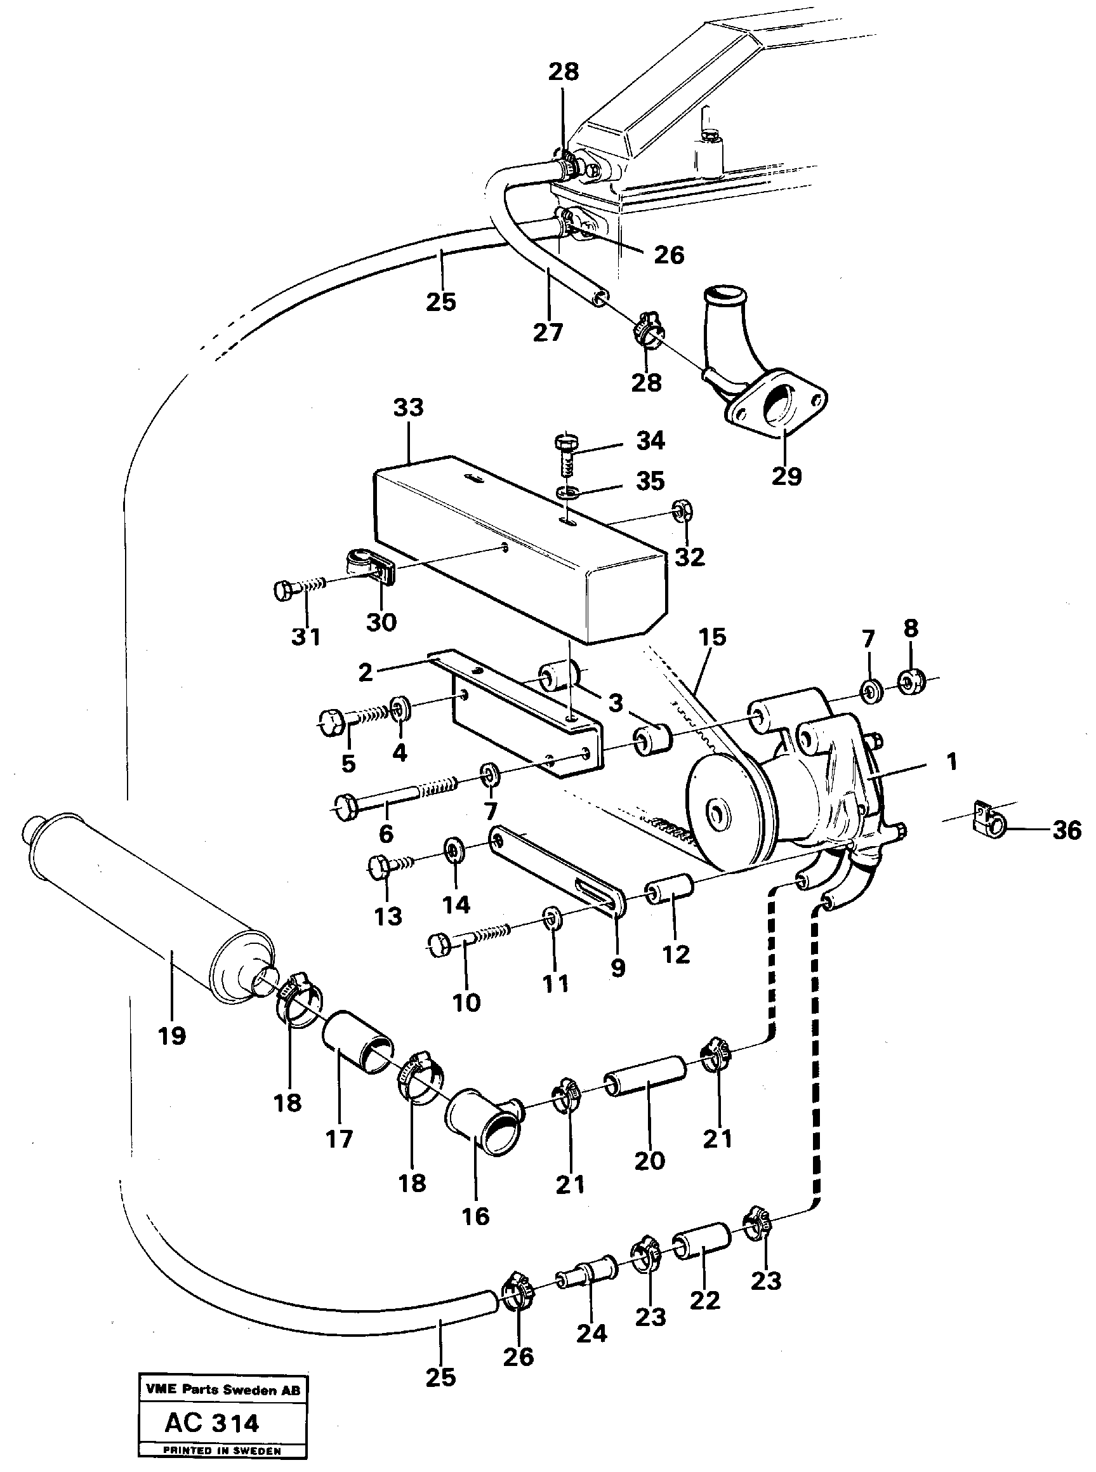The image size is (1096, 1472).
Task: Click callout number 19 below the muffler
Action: (x=172, y=1035)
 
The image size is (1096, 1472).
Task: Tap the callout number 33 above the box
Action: (x=408, y=408)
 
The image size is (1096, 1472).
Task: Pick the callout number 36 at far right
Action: (x=1067, y=830)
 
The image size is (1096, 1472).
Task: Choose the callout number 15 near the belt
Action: (x=712, y=637)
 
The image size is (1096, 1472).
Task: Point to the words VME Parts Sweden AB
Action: (x=222, y=1389)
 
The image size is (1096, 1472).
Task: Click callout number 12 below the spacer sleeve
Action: (x=675, y=954)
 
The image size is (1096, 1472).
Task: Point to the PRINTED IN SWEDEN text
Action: (x=222, y=1451)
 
